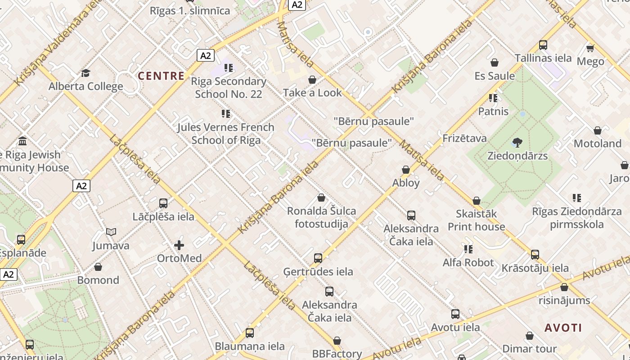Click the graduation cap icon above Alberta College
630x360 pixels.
85,73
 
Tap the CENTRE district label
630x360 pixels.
161,76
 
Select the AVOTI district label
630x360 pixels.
563,328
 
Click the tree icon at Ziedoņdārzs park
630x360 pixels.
517,143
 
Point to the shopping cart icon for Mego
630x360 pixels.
590,48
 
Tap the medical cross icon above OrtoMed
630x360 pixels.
179,245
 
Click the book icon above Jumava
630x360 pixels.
111,232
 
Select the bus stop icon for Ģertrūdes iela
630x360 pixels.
318,258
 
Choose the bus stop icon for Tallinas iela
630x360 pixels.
543,45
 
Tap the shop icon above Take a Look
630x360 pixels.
312,80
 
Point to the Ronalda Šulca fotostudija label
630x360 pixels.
321,217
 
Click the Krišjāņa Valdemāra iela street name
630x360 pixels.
57,44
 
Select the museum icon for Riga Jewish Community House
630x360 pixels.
22,141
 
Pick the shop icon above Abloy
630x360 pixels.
406,170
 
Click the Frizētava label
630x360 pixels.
464,138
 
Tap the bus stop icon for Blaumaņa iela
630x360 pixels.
250,333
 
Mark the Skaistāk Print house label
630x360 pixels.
476,220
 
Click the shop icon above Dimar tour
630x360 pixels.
530,336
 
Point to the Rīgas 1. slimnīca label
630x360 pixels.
190,11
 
